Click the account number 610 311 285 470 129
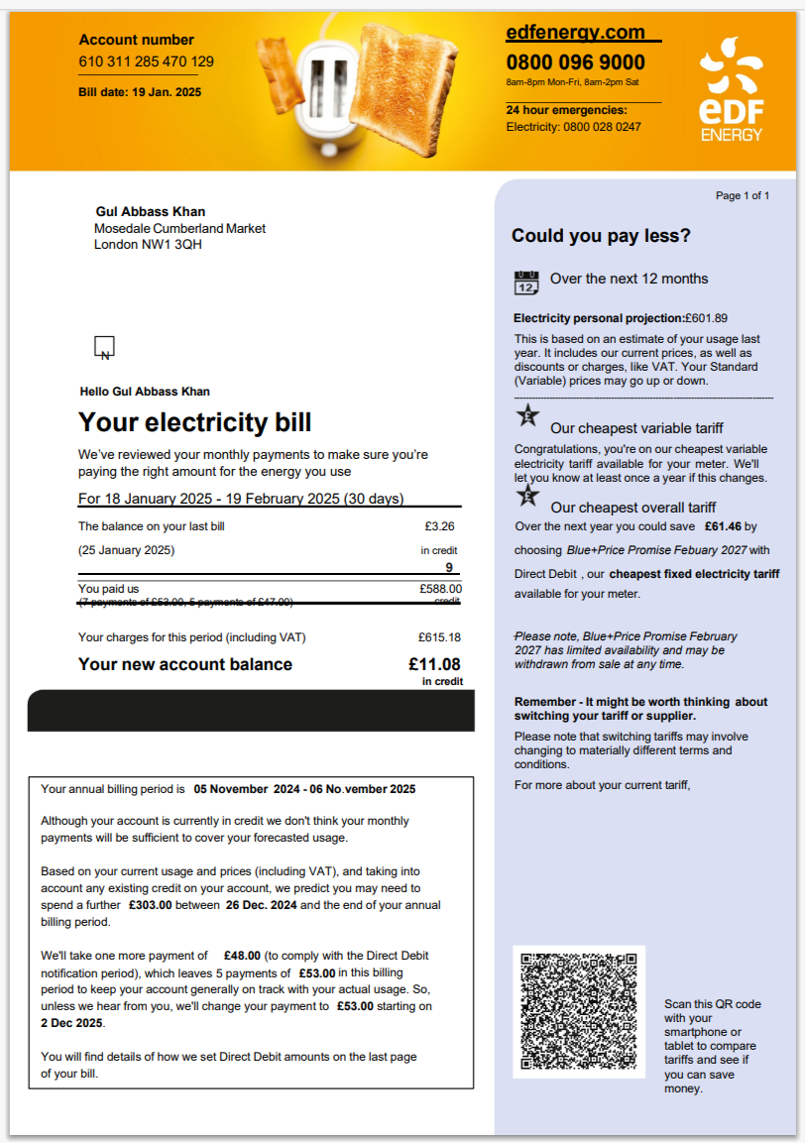147,61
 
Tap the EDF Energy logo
732,88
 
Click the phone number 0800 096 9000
575,62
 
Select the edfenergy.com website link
575,33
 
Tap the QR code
579,1011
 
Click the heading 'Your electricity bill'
195,422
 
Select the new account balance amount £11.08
434,664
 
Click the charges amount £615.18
439,637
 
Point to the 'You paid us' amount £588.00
440,589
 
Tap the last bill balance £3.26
439,526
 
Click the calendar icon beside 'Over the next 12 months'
526,282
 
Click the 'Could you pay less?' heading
601,236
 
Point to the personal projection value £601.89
706,318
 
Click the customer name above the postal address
151,211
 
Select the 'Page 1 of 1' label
743,195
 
